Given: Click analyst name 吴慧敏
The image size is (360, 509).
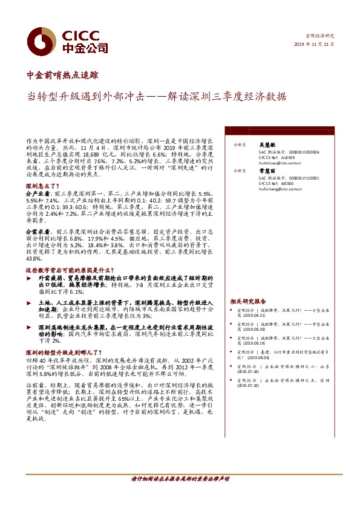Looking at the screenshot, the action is coord(267,145).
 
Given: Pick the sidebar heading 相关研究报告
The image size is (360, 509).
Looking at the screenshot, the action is coord(247,301).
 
